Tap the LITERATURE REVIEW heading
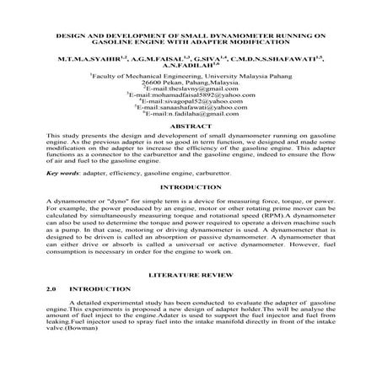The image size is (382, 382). pos(191,276)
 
